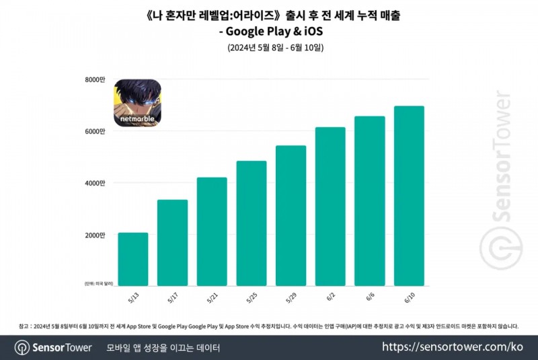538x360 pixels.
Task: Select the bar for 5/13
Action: [132, 258]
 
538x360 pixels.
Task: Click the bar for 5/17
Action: [172, 242]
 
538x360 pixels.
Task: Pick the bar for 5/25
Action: [252, 223]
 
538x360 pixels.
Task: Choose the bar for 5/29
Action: [291, 215]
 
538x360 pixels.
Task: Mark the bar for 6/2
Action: [330, 206]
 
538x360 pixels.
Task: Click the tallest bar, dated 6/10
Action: [410, 195]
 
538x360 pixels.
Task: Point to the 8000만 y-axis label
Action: [95, 79]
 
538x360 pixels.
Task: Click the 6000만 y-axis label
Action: [95, 131]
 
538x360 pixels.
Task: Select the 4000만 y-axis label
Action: [95, 183]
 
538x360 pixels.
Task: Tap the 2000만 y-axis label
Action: [95, 235]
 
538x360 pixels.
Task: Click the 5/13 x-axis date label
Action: [133, 297]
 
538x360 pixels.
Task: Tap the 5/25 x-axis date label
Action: [252, 297]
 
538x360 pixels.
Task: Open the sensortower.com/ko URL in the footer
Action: [452, 347]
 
